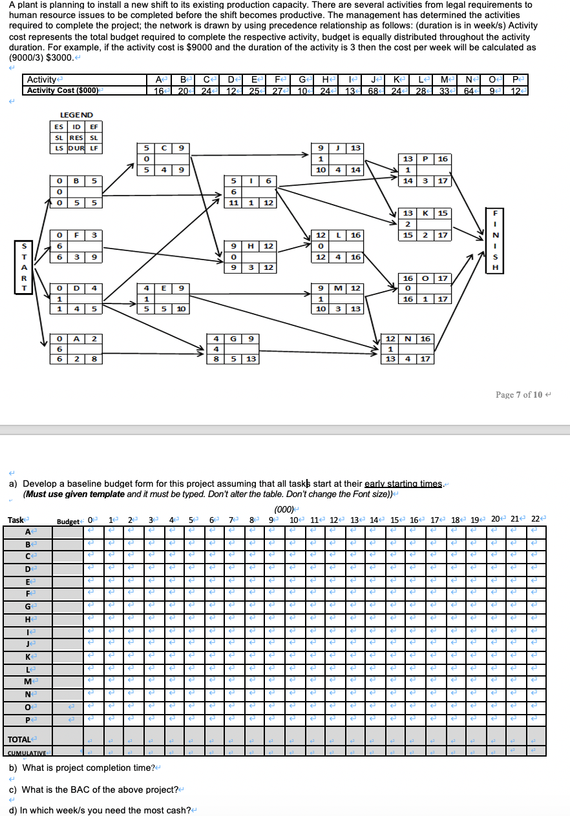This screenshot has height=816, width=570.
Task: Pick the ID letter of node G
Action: [234, 338]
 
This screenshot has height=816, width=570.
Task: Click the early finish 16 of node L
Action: [355, 236]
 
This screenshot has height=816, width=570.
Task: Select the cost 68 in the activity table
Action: [374, 90]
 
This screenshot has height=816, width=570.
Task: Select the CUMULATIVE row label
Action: [28, 753]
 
